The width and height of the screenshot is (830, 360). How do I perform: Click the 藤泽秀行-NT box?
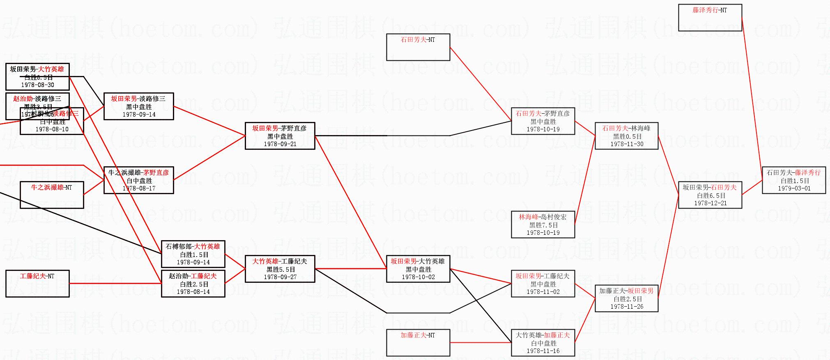710,18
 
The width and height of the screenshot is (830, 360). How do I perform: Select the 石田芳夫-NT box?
418,47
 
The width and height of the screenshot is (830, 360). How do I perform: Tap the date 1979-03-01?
794,188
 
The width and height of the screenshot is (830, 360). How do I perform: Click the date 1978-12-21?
710,203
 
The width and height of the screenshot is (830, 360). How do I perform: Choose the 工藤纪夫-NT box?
37,284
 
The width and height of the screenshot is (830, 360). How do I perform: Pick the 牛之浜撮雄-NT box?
52,195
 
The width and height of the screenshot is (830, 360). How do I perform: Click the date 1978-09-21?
280,144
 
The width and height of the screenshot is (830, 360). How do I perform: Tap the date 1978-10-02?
418,277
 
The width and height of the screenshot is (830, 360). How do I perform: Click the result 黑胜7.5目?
543,225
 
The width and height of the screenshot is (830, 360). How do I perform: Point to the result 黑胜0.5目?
627,137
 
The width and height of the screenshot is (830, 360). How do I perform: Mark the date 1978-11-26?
627,307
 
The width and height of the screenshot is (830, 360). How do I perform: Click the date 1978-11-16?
543,351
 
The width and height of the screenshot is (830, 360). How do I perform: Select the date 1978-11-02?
543,292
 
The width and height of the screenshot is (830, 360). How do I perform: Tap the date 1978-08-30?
37,85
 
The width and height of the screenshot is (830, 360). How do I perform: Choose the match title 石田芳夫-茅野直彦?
543,114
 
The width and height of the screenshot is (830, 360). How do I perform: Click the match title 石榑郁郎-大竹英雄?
193,247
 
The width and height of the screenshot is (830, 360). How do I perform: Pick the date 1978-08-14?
193,292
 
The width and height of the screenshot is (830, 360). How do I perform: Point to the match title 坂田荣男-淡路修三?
138,99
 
